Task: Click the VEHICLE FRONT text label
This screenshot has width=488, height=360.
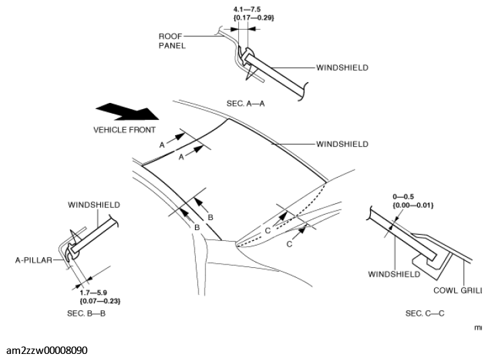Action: [125, 129]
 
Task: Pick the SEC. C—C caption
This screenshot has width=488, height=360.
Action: [425, 313]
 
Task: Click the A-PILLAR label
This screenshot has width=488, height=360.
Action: [34, 258]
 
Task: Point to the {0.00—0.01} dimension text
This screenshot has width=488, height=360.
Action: [413, 205]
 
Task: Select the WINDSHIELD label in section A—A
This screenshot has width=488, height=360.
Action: [342, 68]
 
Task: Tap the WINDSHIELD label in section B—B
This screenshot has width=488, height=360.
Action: [94, 204]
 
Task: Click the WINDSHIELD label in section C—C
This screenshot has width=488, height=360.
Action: [394, 274]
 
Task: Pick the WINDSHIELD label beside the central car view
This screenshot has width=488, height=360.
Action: [342, 144]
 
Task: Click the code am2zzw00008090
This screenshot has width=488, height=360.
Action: [46, 351]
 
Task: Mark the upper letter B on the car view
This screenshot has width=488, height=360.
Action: [210, 217]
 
